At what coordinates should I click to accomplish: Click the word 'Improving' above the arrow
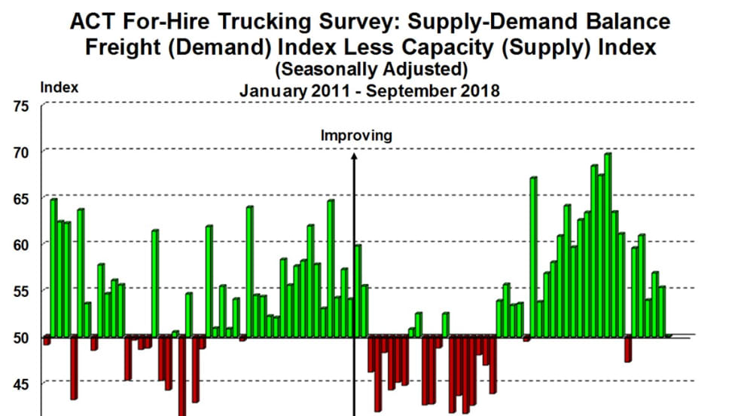(356, 136)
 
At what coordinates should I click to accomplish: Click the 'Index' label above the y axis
(59, 87)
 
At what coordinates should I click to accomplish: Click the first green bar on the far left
(53, 268)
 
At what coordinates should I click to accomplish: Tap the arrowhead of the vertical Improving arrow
(354, 156)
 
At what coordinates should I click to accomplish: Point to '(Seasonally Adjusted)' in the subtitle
(371, 70)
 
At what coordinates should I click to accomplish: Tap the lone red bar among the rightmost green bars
(628, 349)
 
